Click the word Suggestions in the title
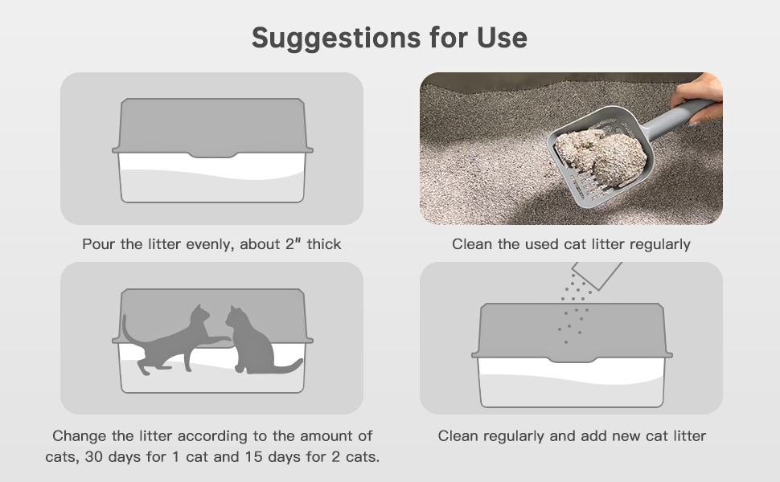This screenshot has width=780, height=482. pyautogui.click(x=336, y=39)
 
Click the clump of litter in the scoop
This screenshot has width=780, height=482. pyautogui.click(x=601, y=156)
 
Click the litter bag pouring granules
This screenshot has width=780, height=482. pyautogui.click(x=597, y=274)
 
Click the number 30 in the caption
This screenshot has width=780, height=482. pyautogui.click(x=94, y=456)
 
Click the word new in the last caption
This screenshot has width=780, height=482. pyautogui.click(x=626, y=436)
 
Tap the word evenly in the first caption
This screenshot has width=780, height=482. pyautogui.click(x=211, y=244)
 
